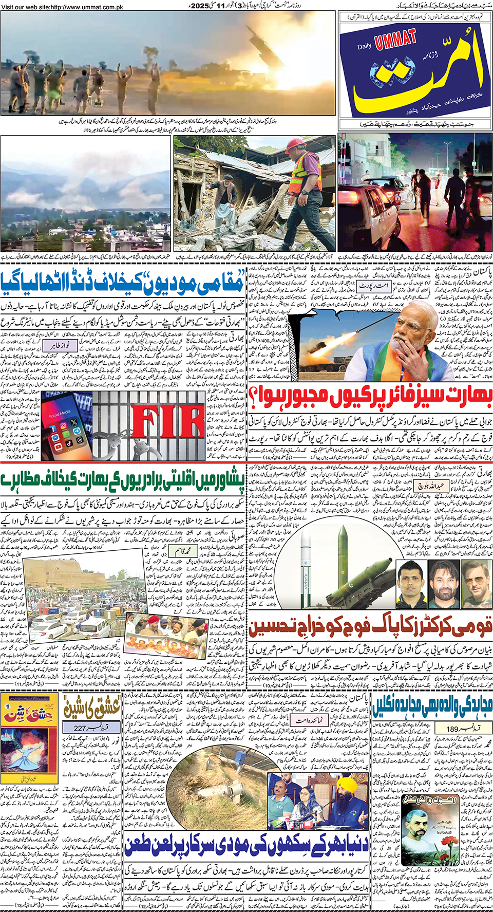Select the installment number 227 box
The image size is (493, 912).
[90, 728]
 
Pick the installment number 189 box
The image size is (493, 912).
[462, 728]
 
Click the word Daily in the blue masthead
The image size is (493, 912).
[365, 47]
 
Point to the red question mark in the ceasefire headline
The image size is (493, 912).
[254, 396]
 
